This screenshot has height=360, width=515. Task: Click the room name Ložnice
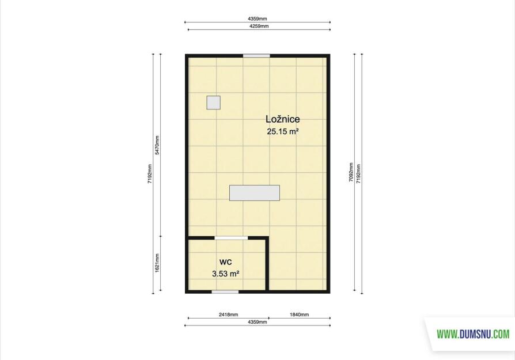[282, 119]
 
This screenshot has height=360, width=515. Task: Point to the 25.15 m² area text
[283, 132]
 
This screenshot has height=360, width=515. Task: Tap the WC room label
[226, 262]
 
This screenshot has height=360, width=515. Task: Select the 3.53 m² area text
[225, 274]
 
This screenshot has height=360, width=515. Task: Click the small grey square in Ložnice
[214, 103]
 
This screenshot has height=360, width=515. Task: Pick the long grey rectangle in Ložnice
[255, 193]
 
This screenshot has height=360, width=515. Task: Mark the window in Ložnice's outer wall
[256, 56]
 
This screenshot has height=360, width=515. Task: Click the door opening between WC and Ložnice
[231, 238]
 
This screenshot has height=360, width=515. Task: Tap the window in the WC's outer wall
[225, 291]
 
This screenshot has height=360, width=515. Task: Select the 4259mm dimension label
[259, 26]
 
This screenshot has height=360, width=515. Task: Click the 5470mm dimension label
[157, 145]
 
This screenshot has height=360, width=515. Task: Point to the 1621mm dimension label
[157, 263]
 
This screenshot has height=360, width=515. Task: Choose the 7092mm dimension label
[351, 172]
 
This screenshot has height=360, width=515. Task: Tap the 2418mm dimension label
[228, 314]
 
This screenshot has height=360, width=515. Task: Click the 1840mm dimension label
[299, 314]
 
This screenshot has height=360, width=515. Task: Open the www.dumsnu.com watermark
[473, 335]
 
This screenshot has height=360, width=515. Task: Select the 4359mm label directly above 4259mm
[257, 19]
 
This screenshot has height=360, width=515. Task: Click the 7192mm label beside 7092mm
[358, 174]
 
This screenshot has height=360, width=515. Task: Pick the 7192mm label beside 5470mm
[150, 174]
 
